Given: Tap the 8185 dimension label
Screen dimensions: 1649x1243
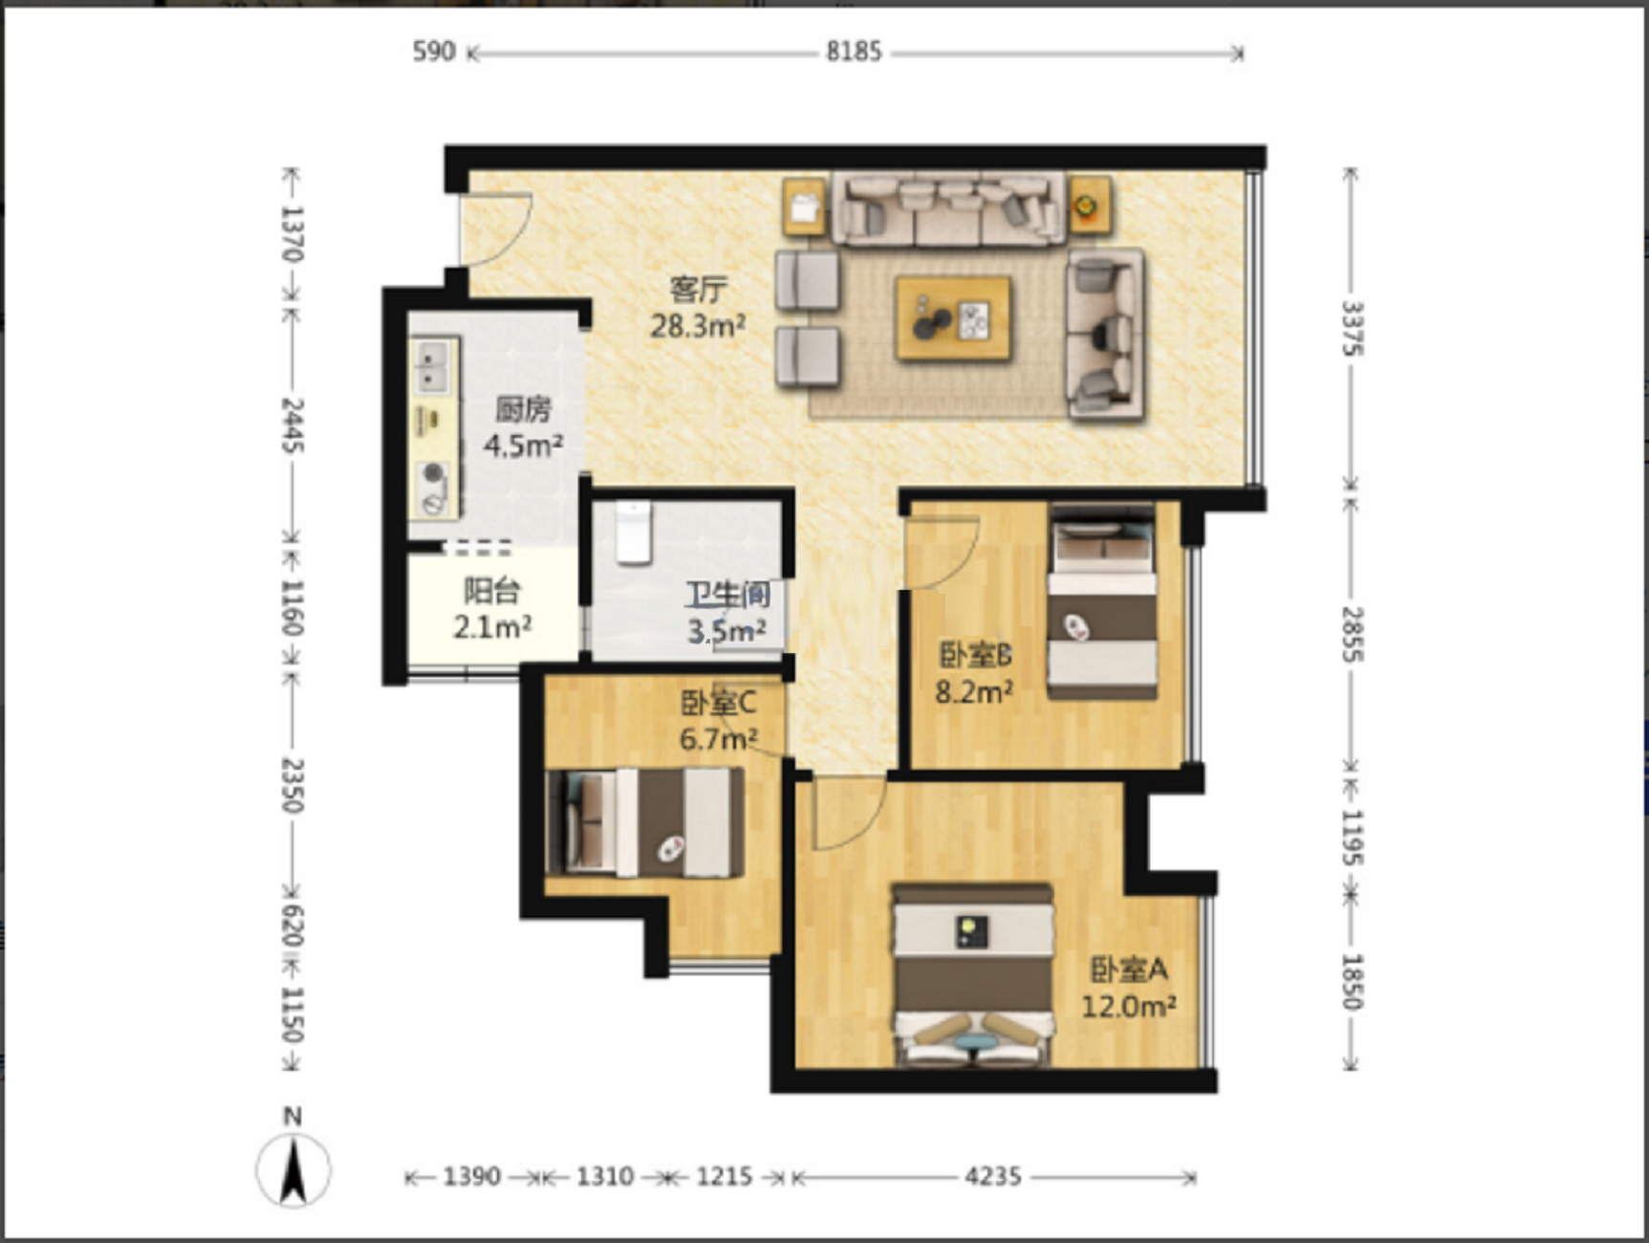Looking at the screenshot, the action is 854,52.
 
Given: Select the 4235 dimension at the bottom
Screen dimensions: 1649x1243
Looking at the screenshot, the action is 992,1176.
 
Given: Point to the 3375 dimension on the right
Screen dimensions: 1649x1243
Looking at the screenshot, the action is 1352,329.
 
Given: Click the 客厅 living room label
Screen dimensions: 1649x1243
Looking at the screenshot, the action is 698,288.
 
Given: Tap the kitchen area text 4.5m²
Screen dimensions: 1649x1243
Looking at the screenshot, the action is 522,446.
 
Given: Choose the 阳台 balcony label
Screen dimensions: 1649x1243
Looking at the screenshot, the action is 492,591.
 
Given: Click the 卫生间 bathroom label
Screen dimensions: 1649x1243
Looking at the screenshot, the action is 727,595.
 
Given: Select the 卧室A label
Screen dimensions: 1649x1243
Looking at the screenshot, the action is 1129,970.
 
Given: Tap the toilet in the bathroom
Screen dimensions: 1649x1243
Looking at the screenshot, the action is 633,533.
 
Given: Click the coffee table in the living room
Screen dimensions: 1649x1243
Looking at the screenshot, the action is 952,319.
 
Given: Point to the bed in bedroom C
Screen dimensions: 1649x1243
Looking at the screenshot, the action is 645,822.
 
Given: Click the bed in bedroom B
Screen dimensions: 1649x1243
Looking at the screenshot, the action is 1102,601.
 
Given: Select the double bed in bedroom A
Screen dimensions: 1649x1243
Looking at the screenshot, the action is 973,975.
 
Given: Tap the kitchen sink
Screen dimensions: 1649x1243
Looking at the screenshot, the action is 434,365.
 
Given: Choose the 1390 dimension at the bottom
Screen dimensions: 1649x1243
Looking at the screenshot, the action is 471,1176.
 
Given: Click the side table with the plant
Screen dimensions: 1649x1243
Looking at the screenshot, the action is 1090,206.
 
